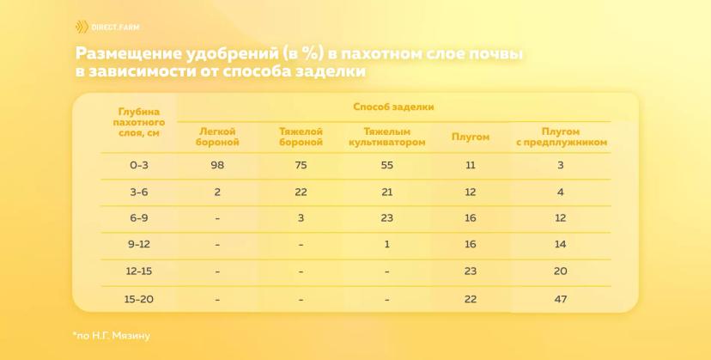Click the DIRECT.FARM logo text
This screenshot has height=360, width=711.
pyautogui.click(x=115, y=27)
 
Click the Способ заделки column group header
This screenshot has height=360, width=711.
pyautogui.click(x=393, y=107)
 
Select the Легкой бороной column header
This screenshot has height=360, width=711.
pyautogui.click(x=217, y=137)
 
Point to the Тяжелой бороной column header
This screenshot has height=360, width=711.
pyautogui.click(x=301, y=137)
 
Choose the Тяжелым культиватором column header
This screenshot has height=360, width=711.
pyautogui.click(x=386, y=137)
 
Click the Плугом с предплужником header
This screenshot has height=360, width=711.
pyautogui.click(x=561, y=137)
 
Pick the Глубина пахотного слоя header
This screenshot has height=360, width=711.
pyautogui.click(x=139, y=123)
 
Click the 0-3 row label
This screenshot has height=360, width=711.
pyautogui.click(x=139, y=165)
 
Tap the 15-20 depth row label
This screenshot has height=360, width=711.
pyautogui.click(x=139, y=299)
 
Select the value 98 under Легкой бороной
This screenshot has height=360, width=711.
pyautogui.click(x=217, y=165)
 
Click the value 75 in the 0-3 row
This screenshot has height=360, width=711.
pyautogui.click(x=301, y=165)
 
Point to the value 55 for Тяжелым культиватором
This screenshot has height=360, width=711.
pyautogui.click(x=386, y=165)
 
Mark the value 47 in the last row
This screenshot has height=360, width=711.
pyautogui.click(x=561, y=299)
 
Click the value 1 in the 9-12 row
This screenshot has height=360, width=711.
pyautogui.click(x=386, y=244)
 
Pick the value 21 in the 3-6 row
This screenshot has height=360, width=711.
pyautogui.click(x=386, y=192)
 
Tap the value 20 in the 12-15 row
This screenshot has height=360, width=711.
pyautogui.click(x=561, y=272)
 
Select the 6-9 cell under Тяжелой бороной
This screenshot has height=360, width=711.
pyautogui.click(x=301, y=218)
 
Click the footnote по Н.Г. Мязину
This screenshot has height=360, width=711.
pyautogui.click(x=111, y=337)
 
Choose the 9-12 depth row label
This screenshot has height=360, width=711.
pyautogui.click(x=139, y=244)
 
